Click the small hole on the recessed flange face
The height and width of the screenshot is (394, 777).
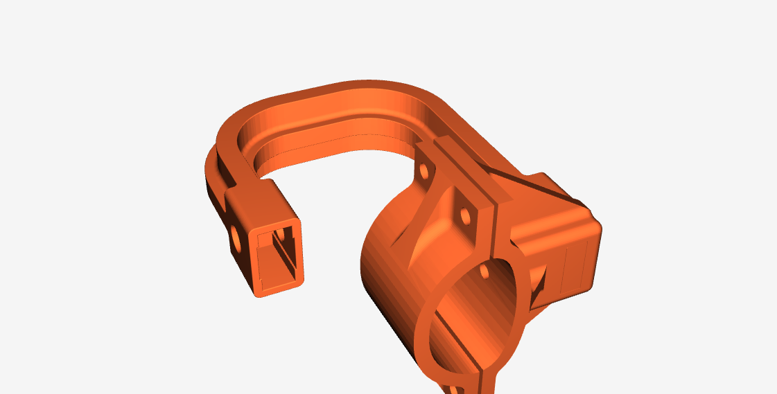(x=465, y=217)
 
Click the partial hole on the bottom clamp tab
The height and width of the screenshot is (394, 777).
(x=459, y=390)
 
